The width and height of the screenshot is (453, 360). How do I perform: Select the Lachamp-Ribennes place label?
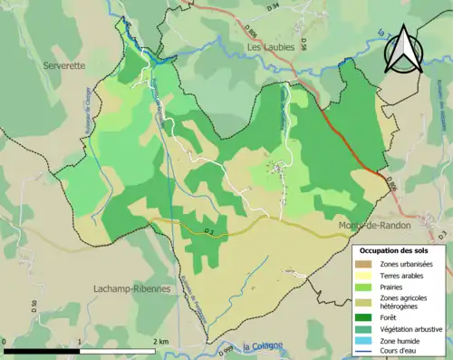coord(132,288)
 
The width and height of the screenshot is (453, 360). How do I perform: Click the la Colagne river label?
coord(263,345)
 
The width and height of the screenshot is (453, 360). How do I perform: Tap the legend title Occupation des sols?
coord(400,249)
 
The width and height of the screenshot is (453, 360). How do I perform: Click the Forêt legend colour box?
coord(367,316)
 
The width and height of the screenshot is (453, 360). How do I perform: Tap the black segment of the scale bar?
coord(42,349)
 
